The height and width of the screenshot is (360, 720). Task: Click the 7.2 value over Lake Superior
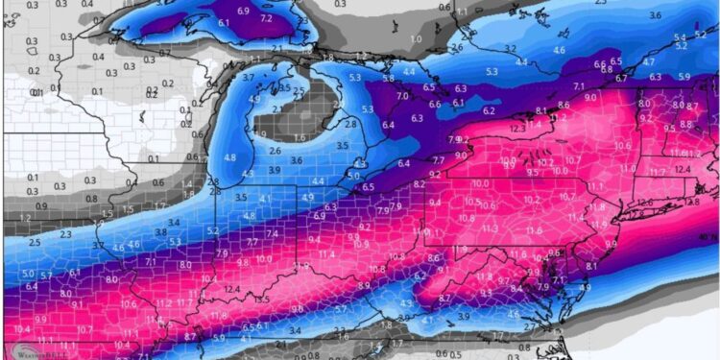266,18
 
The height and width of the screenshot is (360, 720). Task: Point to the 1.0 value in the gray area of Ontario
416,38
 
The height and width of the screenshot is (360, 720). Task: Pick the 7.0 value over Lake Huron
402,96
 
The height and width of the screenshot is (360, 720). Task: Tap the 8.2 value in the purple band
419,183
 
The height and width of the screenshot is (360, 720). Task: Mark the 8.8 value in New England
685,124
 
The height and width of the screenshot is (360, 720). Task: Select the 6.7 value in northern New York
621,79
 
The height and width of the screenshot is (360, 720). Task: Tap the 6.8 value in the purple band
605,69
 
